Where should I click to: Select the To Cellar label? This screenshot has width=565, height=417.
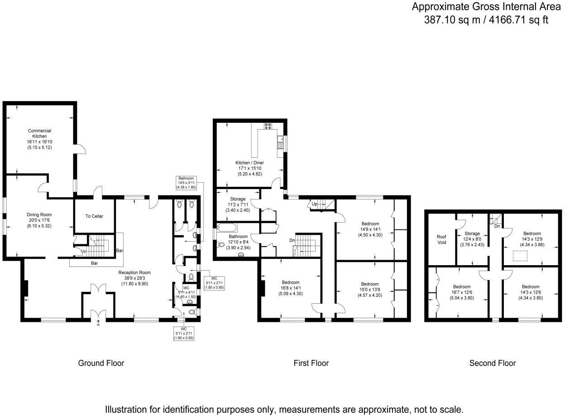click(94, 216)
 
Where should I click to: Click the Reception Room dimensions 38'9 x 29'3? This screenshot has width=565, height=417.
click(134, 278)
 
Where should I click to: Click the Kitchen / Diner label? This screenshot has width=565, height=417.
click(249, 163)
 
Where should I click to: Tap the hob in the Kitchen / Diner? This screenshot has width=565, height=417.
click(268, 126)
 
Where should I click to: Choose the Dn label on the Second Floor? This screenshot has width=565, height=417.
click(497, 226)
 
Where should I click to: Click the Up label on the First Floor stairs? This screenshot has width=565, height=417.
click(314, 204)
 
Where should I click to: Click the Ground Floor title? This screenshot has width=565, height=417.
click(101, 363)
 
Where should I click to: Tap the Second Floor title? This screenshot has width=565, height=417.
click(493, 363)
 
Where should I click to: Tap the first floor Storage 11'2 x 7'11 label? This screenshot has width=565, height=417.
click(238, 199)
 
